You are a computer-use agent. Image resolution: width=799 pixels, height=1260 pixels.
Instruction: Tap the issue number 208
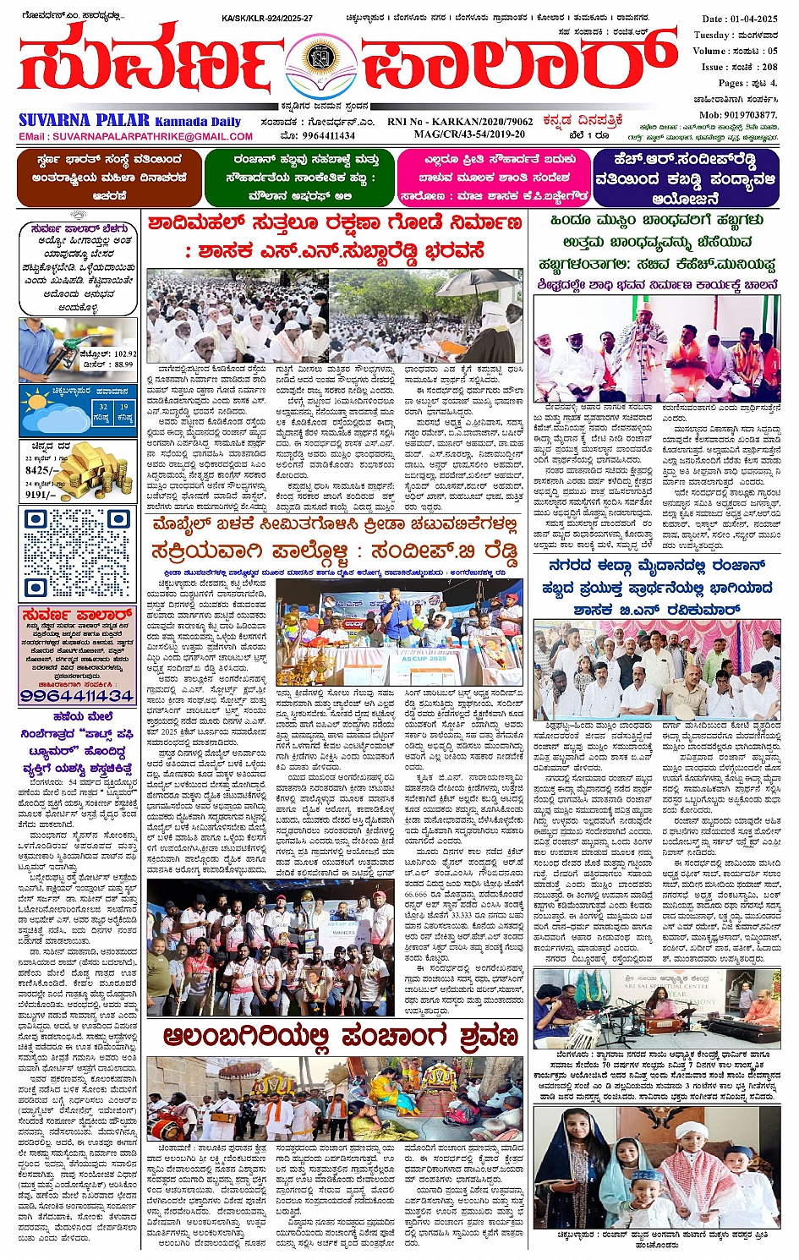pyautogui.click(x=769, y=67)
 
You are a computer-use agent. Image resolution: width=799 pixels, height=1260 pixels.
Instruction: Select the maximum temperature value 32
pyautogui.click(x=102, y=407)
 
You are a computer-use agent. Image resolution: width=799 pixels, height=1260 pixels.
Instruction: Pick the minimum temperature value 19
pyautogui.click(x=124, y=407)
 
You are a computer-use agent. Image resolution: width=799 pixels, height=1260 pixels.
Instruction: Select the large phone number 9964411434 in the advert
pyautogui.click(x=77, y=696)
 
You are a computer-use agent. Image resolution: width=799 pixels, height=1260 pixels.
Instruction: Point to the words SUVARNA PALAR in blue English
pyautogui.click(x=84, y=121)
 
